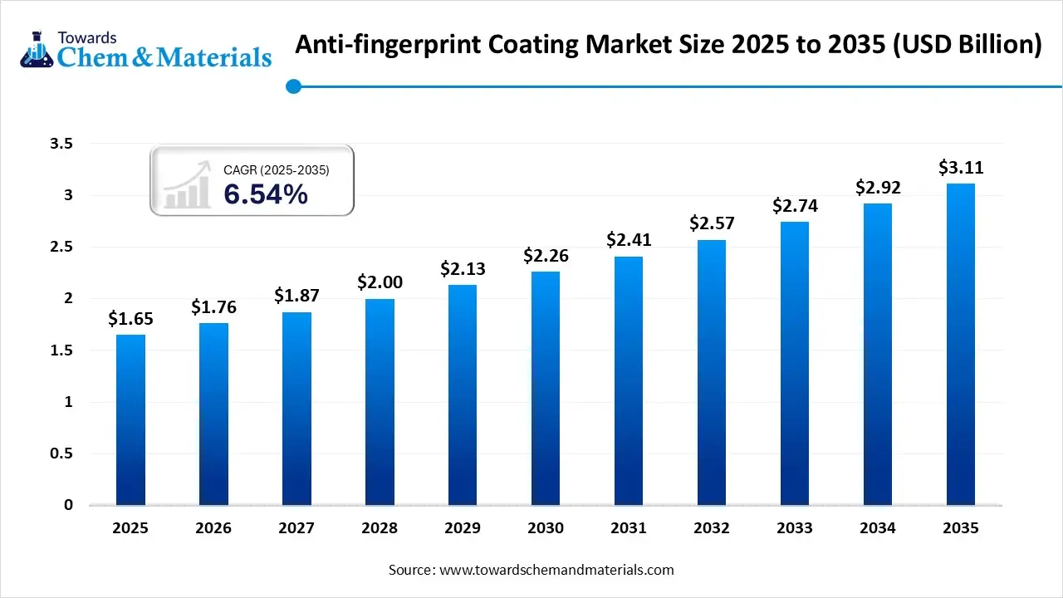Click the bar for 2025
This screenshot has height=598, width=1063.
click(130, 419)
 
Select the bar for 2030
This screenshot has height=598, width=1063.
click(546, 388)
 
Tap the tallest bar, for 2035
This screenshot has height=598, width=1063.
click(961, 344)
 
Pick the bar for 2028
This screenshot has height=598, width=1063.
click(380, 401)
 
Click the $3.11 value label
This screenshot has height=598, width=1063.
click(961, 167)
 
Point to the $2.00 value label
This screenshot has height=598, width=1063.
click(380, 282)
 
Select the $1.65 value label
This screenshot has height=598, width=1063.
click(130, 318)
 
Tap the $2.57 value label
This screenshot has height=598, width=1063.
click(712, 223)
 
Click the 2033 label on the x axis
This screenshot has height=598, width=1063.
click(795, 528)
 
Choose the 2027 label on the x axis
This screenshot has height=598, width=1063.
click(296, 528)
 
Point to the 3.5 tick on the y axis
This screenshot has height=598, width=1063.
click(61, 144)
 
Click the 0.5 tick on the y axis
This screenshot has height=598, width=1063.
click(61, 453)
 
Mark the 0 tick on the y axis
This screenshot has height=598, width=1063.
click(68, 505)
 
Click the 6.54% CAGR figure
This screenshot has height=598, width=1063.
click(266, 194)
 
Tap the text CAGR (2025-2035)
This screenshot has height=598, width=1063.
click(277, 169)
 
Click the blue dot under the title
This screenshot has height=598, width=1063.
click(292, 86)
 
